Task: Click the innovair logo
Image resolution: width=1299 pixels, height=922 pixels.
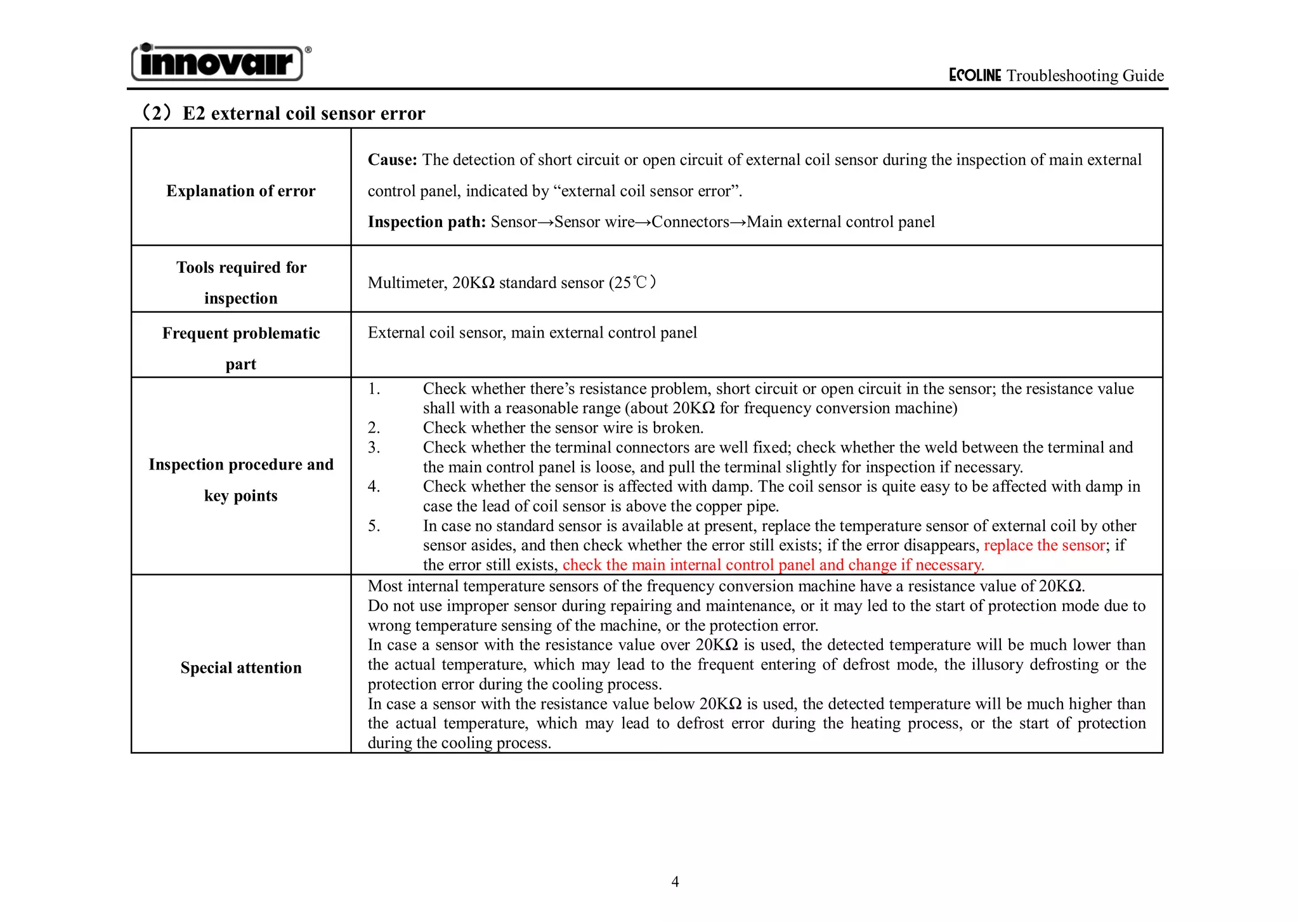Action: click(217, 63)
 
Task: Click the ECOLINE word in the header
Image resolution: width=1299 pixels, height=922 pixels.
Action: click(974, 76)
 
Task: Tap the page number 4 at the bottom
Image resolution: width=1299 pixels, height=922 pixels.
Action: click(675, 881)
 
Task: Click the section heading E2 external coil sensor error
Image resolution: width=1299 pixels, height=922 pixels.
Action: click(303, 114)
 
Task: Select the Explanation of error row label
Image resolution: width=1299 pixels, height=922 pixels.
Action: click(240, 191)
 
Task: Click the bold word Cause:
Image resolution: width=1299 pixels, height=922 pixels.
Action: click(392, 160)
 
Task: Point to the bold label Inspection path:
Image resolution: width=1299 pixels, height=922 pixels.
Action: click(426, 222)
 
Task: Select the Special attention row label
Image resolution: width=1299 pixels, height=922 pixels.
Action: click(240, 668)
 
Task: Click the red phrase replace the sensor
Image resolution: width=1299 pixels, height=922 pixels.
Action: click(1044, 545)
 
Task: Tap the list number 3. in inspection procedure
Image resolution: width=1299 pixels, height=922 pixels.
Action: click(374, 447)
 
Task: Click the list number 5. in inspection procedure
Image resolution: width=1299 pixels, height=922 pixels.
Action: click(374, 526)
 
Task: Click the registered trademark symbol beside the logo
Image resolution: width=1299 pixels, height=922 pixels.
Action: click(308, 49)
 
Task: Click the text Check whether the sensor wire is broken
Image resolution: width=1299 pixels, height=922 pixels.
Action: click(563, 428)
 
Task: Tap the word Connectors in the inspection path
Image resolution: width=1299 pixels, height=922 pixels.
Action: click(690, 222)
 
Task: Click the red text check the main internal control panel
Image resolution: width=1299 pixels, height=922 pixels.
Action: click(688, 565)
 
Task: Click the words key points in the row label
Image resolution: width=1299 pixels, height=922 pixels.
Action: click(240, 496)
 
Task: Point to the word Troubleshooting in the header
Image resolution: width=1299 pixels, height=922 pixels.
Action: click(1062, 76)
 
